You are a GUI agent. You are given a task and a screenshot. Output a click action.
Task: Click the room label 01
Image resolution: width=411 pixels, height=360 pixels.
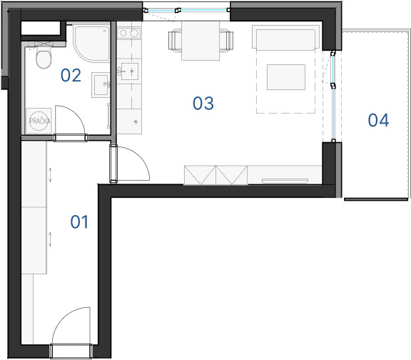coord(79,222)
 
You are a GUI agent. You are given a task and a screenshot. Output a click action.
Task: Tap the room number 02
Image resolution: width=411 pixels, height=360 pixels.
coord(71,75)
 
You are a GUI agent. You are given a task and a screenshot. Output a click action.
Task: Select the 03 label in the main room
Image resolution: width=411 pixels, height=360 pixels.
coord(203,103)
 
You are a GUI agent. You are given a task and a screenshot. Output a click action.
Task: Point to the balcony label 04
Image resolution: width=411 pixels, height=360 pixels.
coord(378,120)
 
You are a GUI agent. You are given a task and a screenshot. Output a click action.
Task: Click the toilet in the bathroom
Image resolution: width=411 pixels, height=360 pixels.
coord(44,57)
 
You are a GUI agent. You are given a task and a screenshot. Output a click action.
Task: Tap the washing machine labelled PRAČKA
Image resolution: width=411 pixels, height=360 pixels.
coord(39,121)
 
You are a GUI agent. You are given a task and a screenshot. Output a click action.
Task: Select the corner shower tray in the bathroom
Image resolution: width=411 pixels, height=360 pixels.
coord(91,44)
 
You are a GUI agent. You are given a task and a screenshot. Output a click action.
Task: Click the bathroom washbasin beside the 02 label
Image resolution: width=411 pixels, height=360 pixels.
coord(101,85)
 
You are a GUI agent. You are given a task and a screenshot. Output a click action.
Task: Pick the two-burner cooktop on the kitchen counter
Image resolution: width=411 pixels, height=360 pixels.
coord(129,34)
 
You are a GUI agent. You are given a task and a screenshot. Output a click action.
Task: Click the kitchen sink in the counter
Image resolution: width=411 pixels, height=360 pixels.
coord(129,71)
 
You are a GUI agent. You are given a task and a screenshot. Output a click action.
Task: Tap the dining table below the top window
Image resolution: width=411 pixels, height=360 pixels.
coord(201,41)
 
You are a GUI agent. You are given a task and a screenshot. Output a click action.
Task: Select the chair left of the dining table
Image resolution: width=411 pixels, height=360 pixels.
coord(175,41)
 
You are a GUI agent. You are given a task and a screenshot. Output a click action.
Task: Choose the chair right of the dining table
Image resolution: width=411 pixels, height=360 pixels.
coord(226,41)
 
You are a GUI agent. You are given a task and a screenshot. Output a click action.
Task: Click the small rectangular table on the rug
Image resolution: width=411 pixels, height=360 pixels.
coord(286,77)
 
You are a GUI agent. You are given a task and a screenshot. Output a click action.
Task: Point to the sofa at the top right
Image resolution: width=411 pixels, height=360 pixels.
coord(285,37)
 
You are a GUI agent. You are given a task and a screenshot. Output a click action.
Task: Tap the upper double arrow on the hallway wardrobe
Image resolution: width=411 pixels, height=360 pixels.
coord(50,175)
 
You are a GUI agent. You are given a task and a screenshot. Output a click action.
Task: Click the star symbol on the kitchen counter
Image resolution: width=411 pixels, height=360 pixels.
coord(136,121)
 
